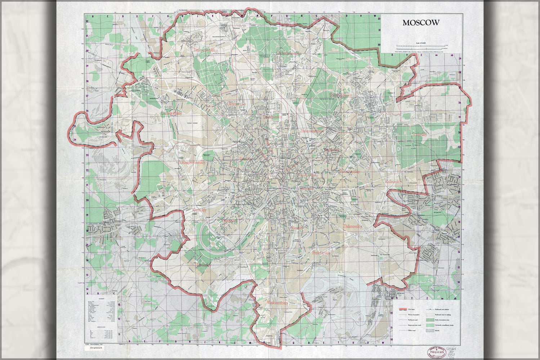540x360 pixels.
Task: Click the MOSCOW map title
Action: (421, 23)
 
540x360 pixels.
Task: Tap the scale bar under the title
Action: (421, 46)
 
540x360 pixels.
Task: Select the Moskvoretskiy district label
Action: (277, 303)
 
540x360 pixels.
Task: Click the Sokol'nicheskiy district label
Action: (340, 95)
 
